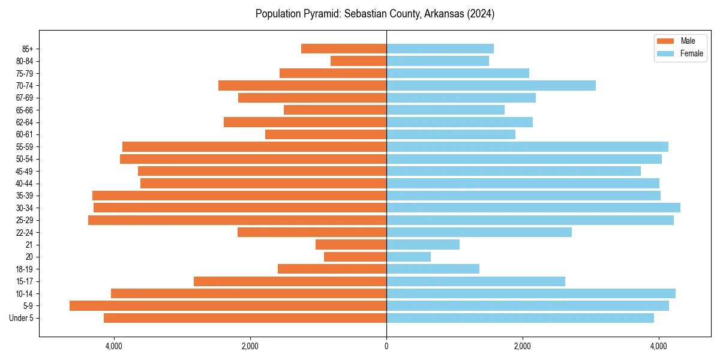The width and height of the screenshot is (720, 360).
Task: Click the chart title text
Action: [x=374, y=14]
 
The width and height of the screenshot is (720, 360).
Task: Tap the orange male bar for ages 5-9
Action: [x=228, y=306]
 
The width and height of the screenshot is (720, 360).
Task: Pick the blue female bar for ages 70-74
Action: [x=491, y=85]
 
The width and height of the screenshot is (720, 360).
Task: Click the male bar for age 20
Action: [x=355, y=257]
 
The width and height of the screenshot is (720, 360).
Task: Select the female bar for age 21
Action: [x=423, y=245]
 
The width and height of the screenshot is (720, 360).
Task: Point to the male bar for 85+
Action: [x=344, y=49]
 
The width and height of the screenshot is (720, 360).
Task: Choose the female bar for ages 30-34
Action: [x=533, y=208]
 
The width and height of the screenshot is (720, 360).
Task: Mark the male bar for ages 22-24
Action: [x=312, y=232]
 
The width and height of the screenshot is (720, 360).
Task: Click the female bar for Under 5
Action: [x=520, y=318]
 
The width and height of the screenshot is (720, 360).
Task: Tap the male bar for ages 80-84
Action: [x=358, y=61]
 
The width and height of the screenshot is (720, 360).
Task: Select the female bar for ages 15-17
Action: [x=476, y=281]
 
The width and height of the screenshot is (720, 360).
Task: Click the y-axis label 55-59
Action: [x=25, y=146]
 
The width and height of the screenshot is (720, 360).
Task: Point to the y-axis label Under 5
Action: [x=21, y=318]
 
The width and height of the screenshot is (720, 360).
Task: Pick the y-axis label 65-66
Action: [x=25, y=110]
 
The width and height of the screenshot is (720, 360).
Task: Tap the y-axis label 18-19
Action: [x=25, y=269]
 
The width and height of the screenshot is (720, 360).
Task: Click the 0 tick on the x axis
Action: [x=386, y=346]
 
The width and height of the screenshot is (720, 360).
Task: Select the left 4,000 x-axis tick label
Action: [x=113, y=346]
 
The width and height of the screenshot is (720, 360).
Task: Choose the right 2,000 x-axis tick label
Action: [x=523, y=346]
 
